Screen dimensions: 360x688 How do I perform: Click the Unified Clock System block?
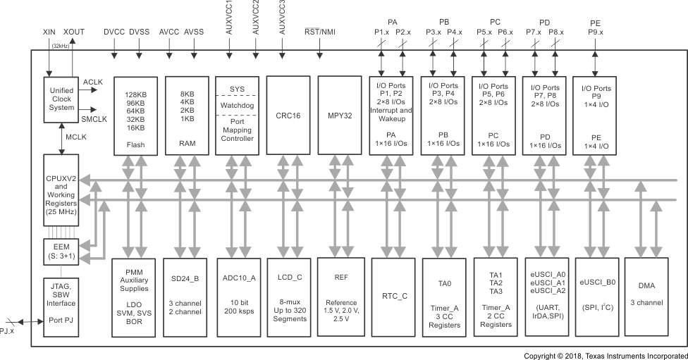62,99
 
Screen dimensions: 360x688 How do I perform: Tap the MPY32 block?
339,115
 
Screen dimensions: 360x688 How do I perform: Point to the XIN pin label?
49,32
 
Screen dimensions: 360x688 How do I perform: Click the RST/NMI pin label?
319,32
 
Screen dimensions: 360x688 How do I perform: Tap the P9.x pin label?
596,32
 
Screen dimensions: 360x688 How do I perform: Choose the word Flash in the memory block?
135,144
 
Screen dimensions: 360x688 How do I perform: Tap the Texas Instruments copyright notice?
606,356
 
